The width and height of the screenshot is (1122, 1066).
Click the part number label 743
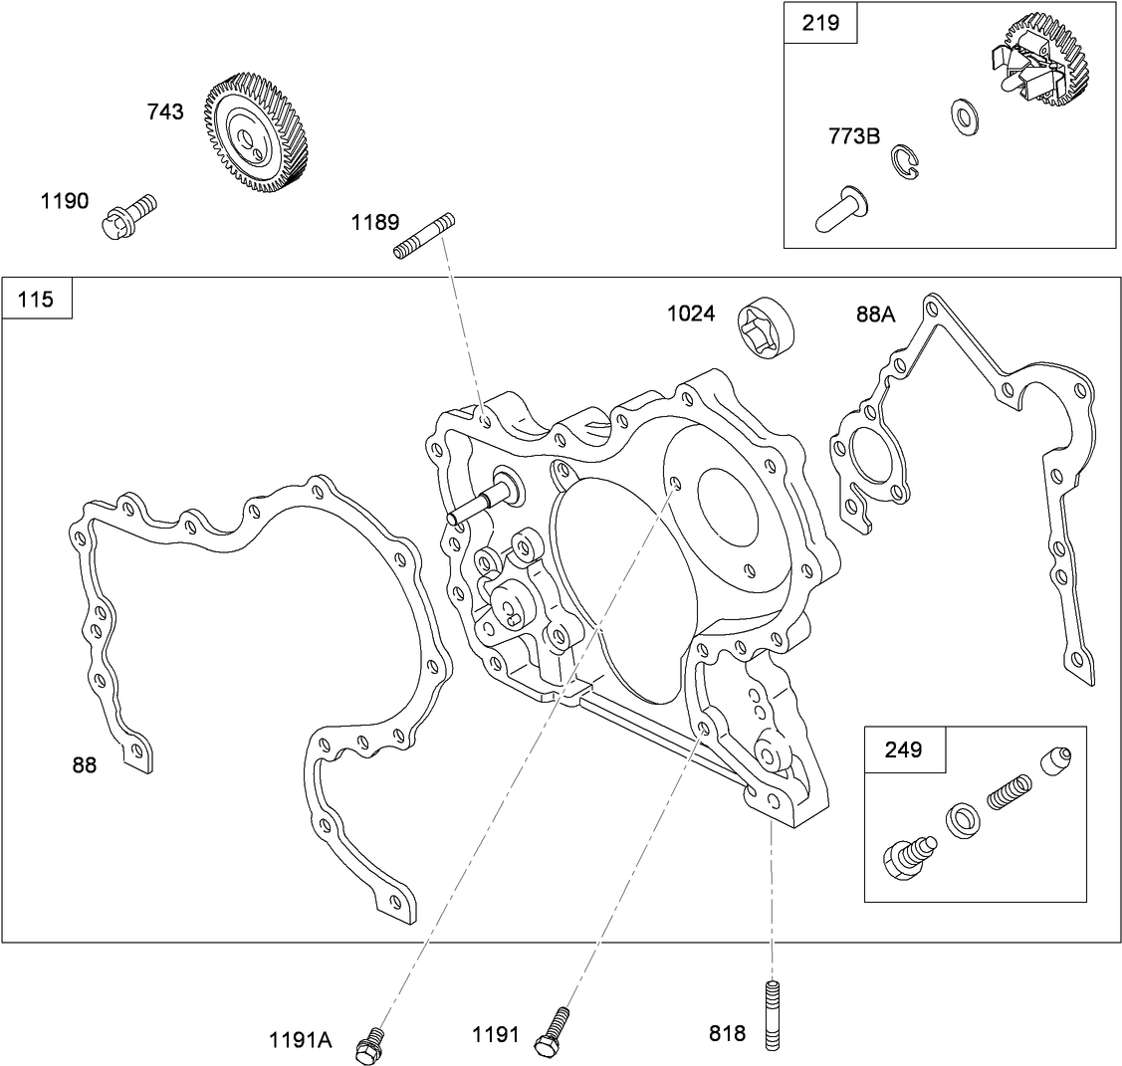tap(165, 112)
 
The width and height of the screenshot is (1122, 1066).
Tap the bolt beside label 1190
tap(129, 216)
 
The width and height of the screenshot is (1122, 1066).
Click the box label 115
tap(37, 298)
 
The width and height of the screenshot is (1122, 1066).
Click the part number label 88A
tap(876, 315)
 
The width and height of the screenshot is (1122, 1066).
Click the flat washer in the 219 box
tap(963, 115)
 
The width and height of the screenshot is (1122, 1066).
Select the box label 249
tap(904, 748)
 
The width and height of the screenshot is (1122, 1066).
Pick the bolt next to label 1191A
tap(372, 1040)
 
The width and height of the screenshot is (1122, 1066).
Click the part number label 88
tap(85, 765)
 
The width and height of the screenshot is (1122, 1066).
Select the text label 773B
tap(854, 136)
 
